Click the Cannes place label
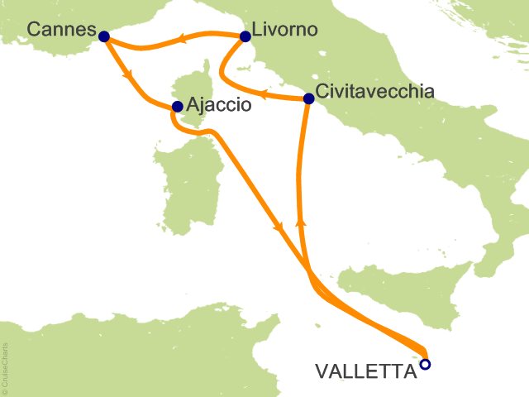point(59,30)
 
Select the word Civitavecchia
point(374,92)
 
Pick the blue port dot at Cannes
point(103,36)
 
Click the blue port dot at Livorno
point(245,36)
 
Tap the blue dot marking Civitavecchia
point(308,99)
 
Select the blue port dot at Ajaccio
point(176,107)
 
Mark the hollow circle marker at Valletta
point(425,363)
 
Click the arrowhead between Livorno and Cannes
point(179,36)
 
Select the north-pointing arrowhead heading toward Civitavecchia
point(300,223)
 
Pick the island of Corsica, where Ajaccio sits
point(192,91)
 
